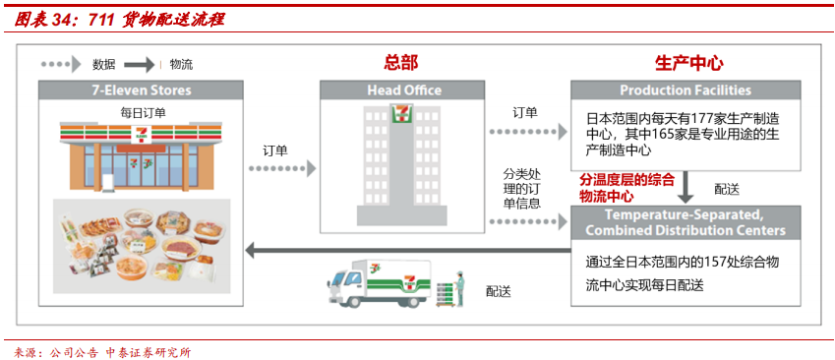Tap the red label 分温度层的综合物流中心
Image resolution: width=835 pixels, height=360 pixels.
tap(626, 188)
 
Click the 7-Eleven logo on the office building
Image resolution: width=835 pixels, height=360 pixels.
tap(399, 114)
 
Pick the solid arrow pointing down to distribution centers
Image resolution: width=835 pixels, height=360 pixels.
tap(687, 187)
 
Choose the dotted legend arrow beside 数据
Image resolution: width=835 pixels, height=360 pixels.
tap(62, 65)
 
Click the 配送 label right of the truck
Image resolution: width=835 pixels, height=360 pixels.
tap(500, 290)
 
